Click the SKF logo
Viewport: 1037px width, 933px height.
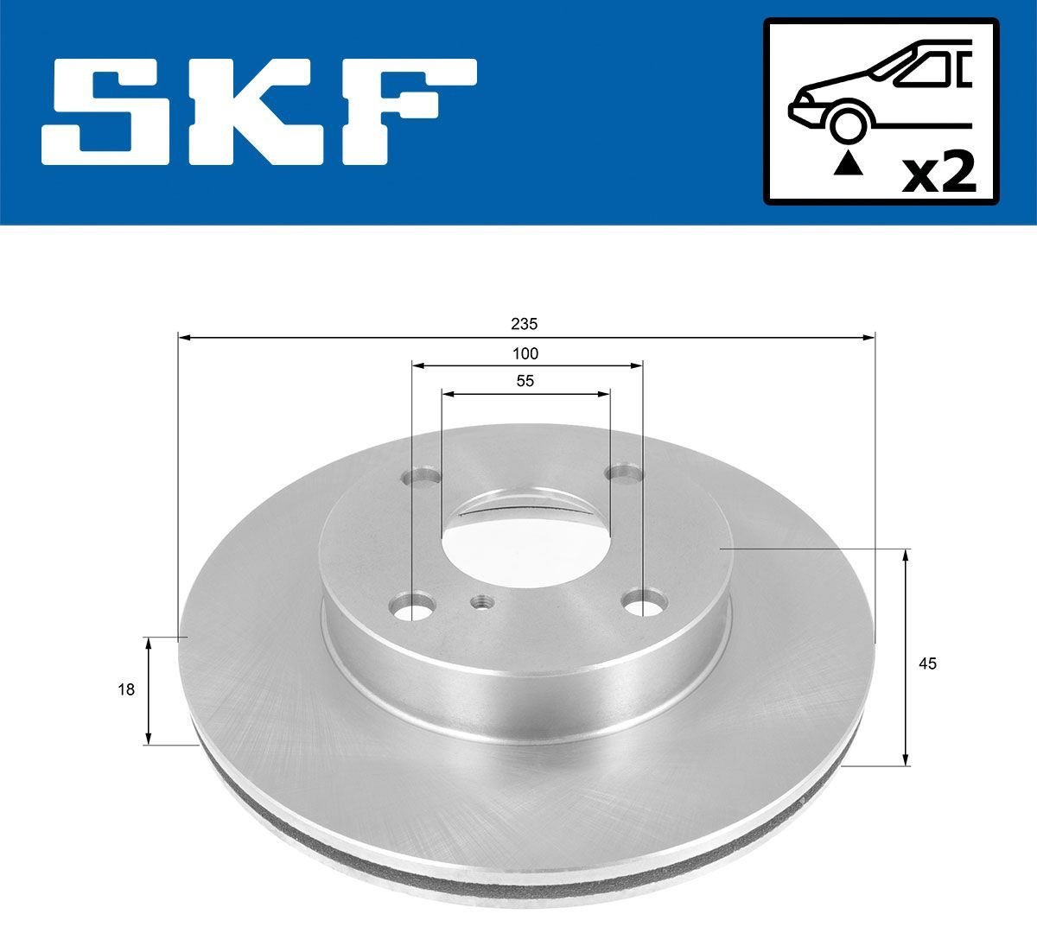click(x=259, y=112)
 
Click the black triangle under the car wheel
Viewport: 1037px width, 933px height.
click(x=846, y=162)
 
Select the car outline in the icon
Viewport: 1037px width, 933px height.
click(x=881, y=86)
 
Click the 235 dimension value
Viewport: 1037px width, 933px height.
click(x=524, y=324)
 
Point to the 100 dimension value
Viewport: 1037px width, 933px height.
click(x=525, y=353)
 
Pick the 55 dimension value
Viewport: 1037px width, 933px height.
click(x=525, y=381)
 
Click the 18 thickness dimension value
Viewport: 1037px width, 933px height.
click(x=126, y=689)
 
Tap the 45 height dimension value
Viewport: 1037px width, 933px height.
click(x=928, y=663)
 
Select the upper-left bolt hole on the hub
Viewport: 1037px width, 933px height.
click(x=422, y=478)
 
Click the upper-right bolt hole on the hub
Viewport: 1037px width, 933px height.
click(x=624, y=473)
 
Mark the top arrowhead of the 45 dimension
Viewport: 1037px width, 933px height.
click(x=906, y=555)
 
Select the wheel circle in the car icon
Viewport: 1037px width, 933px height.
click(x=847, y=123)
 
